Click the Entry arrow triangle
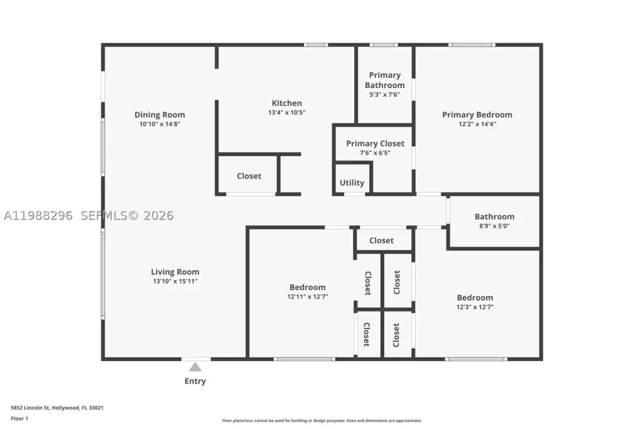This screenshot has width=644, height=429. [195, 367]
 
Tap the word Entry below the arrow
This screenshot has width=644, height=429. [195, 381]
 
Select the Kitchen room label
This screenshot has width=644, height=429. [287, 103]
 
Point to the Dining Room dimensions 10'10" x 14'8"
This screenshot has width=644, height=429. [160, 124]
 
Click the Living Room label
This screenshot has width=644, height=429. [175, 272]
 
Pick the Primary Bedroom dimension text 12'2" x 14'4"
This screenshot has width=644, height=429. [477, 124]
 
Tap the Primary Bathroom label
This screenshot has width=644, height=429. [385, 80]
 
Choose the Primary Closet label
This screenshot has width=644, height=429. [375, 143]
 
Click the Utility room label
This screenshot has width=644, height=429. [352, 182]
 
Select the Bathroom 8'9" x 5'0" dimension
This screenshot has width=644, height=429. [494, 226]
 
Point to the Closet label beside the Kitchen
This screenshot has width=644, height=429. [249, 176]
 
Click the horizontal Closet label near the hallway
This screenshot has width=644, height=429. [381, 240]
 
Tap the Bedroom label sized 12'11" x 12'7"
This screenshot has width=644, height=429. [308, 287]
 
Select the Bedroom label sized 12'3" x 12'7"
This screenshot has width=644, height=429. [475, 298]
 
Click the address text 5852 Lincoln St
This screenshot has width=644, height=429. [30, 408]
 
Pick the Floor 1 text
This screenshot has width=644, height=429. [19, 418]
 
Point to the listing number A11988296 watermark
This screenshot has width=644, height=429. [38, 215]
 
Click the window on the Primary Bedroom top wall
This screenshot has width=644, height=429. [472, 45]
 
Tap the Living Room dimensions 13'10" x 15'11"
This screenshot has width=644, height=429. [175, 281]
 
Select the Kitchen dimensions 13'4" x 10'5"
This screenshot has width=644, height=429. [287, 113]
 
